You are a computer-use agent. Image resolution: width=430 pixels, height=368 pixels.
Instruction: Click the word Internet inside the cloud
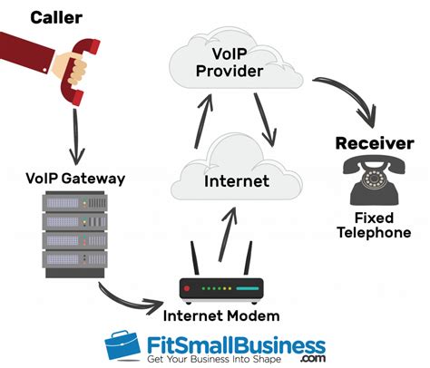pos(236,180)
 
